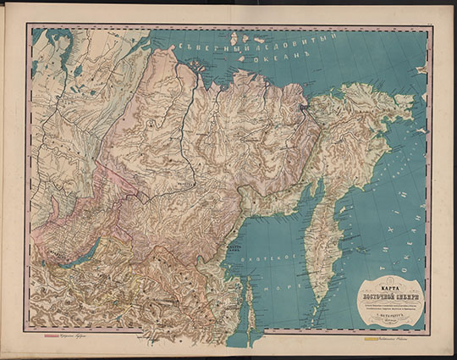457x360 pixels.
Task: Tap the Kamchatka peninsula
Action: (322, 237)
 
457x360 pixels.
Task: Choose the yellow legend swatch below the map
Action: (370, 339)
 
